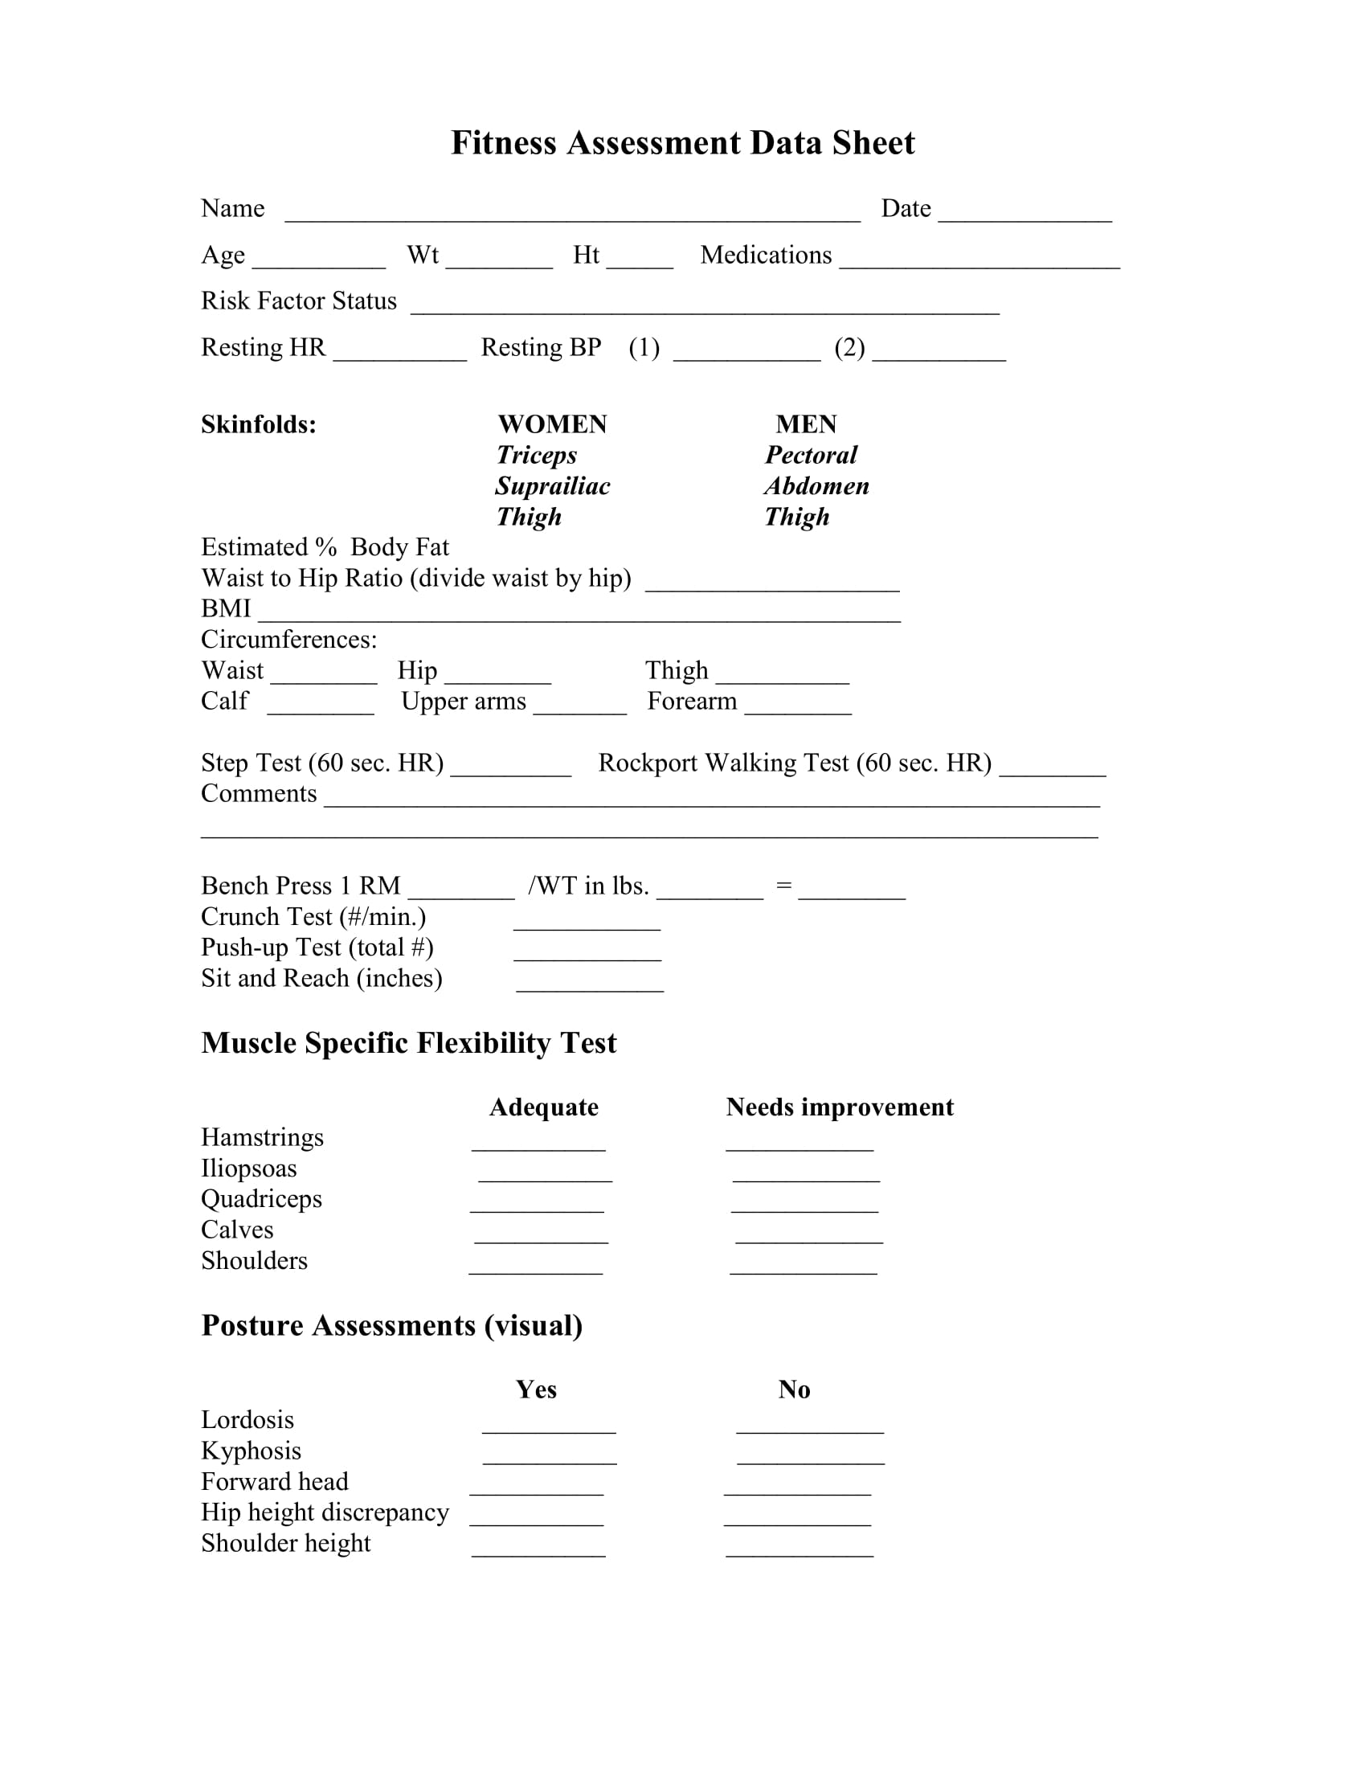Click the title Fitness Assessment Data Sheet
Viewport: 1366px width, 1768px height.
(x=682, y=143)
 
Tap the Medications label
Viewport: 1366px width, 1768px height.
(x=766, y=255)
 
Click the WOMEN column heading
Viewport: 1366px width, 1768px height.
(x=552, y=424)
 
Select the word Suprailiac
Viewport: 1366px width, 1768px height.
(x=553, y=485)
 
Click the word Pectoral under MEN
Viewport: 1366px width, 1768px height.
(x=811, y=455)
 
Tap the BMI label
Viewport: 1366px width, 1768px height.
(x=226, y=608)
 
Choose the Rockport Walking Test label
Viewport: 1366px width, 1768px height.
(x=795, y=763)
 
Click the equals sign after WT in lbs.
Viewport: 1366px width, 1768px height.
(x=783, y=886)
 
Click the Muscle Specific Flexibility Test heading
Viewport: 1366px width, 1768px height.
(x=409, y=1042)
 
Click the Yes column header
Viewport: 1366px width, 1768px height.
(x=536, y=1389)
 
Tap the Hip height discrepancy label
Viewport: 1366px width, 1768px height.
(x=325, y=1512)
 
